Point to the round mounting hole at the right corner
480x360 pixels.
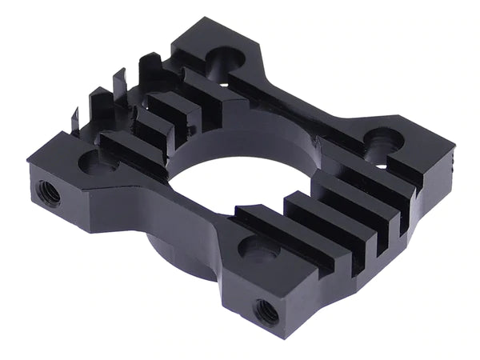[383, 142]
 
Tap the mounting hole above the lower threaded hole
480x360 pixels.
[260, 251]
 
